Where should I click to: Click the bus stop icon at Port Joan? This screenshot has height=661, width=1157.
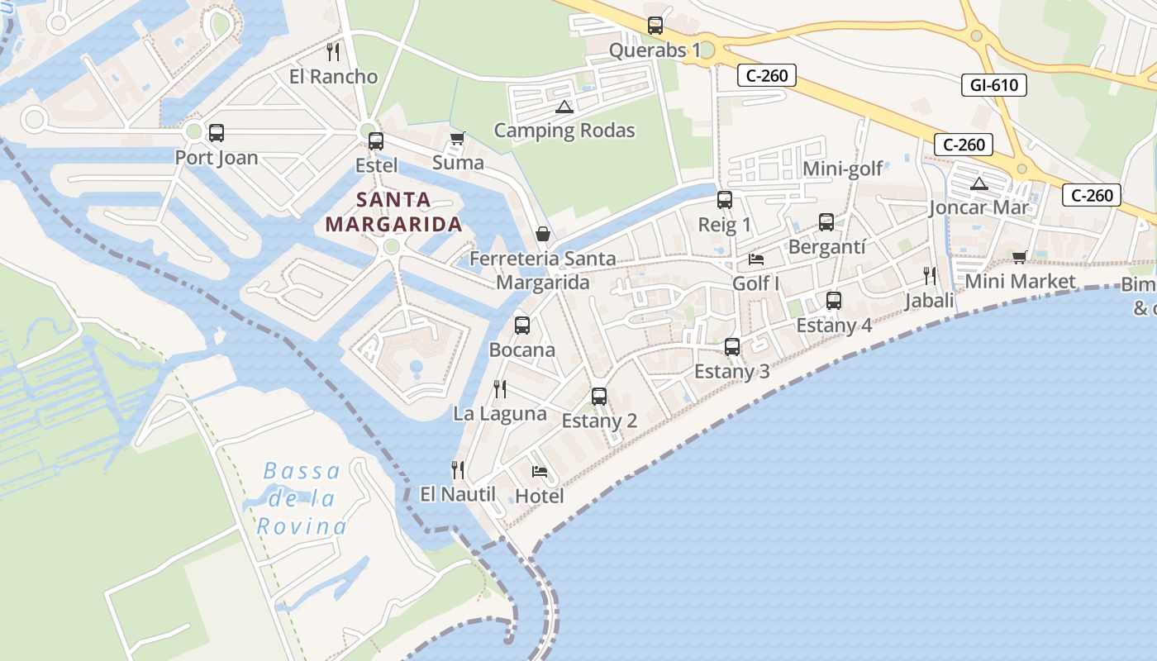tap(217, 132)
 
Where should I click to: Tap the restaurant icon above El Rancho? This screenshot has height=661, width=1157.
tap(333, 52)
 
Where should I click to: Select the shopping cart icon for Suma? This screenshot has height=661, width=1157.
tap(457, 138)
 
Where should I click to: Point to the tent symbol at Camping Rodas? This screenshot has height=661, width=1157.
tap(564, 107)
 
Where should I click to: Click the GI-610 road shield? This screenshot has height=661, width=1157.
tap(994, 84)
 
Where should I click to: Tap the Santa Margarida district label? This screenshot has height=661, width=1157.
tap(393, 212)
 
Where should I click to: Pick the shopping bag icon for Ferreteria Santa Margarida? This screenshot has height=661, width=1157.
tap(543, 234)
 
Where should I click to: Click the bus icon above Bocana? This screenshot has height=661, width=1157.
tap(522, 325)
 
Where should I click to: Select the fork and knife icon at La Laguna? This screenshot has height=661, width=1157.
tap(500, 388)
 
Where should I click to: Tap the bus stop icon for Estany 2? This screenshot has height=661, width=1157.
tap(599, 397)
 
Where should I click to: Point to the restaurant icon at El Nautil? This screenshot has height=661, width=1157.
tap(458, 470)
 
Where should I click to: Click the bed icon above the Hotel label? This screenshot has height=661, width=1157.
tap(540, 472)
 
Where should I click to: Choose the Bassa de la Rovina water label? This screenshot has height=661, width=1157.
tap(301, 498)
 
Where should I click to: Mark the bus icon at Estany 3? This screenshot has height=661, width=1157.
tap(732, 347)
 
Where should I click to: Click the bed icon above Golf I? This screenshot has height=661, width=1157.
tap(756, 259)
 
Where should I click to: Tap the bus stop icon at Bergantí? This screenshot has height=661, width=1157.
tap(826, 222)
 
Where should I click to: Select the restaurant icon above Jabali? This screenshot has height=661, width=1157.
tap(930, 275)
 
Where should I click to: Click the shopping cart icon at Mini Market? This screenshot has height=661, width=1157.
tap(1019, 257)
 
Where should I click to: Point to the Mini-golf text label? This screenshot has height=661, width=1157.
tap(843, 169)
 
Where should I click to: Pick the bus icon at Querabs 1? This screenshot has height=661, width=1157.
tap(655, 26)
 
